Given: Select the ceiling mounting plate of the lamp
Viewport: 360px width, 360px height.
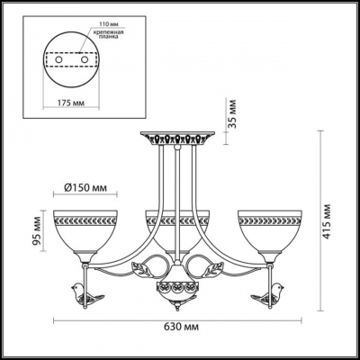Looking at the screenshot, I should (176, 140).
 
